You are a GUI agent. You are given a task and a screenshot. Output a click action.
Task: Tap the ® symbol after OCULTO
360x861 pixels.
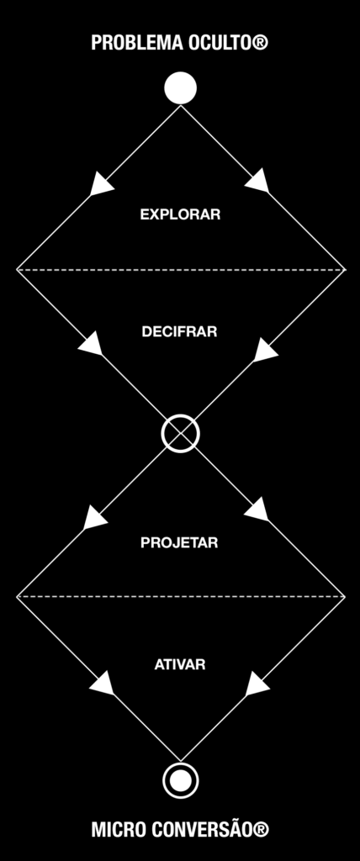pos(261,42)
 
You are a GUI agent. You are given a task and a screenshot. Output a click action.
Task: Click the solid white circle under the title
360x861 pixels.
pos(180,87)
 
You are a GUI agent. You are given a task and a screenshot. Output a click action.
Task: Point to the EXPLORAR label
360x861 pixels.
pos(180,214)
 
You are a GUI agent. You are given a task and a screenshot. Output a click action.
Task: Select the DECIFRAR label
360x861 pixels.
pos(180,332)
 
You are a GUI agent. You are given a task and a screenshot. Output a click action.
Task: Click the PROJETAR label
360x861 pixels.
pos(180,542)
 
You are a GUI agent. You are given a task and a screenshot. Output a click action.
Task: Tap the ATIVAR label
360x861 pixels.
pos(180,664)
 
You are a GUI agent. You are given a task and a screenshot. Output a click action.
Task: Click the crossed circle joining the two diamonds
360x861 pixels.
pos(180,433)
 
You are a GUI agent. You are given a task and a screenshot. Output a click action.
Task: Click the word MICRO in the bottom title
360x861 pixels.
pos(115,830)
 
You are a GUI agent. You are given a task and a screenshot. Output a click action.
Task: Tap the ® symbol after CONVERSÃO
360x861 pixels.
pos(261,830)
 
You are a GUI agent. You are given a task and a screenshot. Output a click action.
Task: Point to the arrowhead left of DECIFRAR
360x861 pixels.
pos(91,343)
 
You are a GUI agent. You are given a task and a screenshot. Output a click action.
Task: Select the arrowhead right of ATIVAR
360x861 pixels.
pos(257,684)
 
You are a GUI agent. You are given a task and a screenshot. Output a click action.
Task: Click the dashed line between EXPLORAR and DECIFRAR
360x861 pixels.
pos(180,270)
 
